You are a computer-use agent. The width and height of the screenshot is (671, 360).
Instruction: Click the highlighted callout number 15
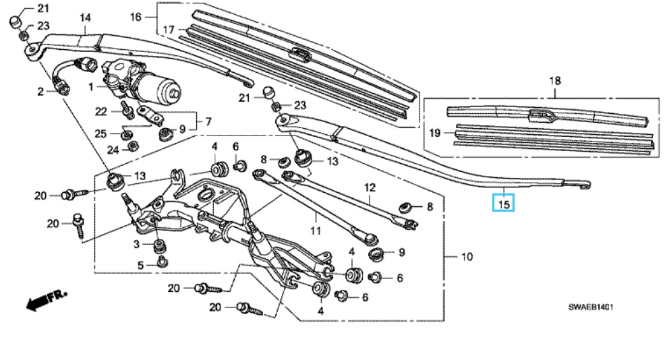[504, 204]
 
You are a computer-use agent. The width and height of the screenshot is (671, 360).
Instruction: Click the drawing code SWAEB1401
[591, 307]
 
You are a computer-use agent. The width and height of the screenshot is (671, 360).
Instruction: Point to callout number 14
[85, 18]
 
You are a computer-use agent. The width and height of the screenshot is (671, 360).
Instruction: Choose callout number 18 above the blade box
[555, 81]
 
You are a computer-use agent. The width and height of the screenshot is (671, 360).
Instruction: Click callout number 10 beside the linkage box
[467, 257]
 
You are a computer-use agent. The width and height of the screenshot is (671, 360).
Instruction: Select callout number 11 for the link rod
[316, 231]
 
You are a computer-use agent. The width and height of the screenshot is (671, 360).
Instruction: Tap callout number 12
[370, 187]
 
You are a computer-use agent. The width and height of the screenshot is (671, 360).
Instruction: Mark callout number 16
[136, 17]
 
